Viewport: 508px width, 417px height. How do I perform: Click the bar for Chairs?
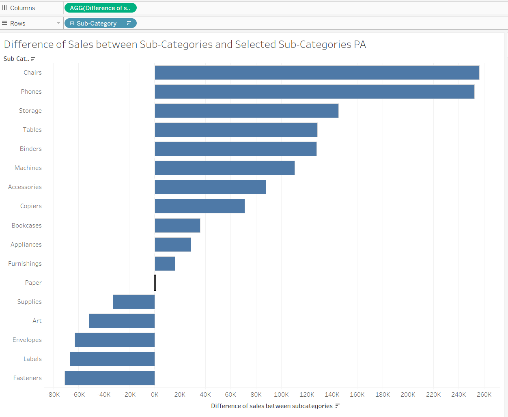pos(316,73)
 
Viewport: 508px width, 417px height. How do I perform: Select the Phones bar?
pos(314,92)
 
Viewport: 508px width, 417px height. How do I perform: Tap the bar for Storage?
pos(246,111)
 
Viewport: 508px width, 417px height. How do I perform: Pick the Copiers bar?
pos(200,206)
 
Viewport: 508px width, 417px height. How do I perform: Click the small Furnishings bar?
pos(165,264)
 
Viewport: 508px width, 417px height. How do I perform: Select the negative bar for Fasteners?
pos(110,378)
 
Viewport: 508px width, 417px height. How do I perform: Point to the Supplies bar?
pos(133,302)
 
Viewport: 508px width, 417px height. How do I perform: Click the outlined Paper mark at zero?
pos(155,283)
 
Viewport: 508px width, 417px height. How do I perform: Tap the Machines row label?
pos(28,168)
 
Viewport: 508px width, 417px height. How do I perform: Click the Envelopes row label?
pos(27,340)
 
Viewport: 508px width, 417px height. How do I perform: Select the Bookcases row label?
pos(27,226)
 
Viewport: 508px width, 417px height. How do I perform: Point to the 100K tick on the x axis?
pos(281,395)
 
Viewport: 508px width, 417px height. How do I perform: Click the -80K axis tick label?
pos(53,395)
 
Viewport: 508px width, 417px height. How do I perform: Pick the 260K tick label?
pos(484,395)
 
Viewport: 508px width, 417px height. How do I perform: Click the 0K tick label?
pos(155,395)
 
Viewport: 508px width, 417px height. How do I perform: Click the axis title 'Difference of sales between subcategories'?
pos(271,406)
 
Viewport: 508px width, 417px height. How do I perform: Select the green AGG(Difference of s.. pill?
pos(100,8)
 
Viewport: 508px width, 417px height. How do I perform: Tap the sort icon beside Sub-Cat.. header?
pos(33,59)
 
